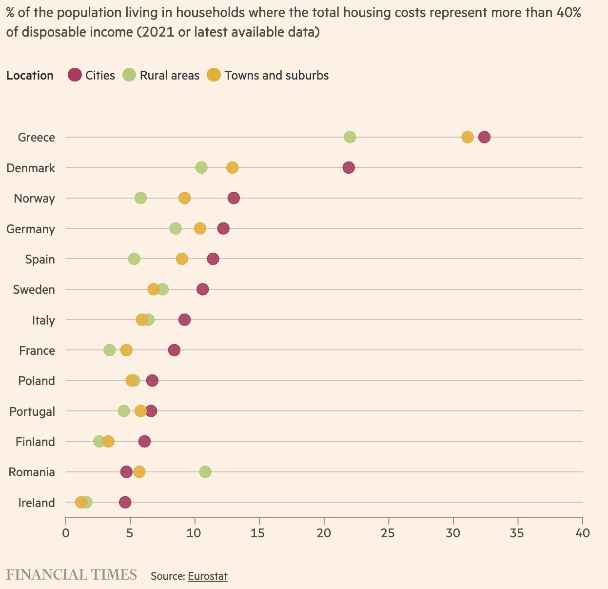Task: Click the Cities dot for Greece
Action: point(484,137)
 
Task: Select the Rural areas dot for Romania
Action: point(205,472)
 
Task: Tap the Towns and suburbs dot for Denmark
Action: point(233,168)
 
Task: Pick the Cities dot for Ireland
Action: point(125,503)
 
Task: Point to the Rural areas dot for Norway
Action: point(140,198)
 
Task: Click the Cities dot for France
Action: point(174,350)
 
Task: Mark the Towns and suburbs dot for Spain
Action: point(182,259)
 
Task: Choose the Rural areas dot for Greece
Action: point(350,137)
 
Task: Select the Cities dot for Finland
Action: point(144,442)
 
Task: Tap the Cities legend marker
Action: point(75,75)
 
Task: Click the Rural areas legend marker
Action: point(129,75)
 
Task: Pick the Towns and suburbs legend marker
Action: point(214,75)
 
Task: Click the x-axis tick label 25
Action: point(388,532)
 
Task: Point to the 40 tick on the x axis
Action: point(582,532)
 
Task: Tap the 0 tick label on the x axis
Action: point(66,532)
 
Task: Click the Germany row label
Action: point(31,229)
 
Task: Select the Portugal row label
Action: point(32,411)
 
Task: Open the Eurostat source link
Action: point(208,576)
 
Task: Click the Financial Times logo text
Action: point(72,575)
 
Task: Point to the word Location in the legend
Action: point(30,76)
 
